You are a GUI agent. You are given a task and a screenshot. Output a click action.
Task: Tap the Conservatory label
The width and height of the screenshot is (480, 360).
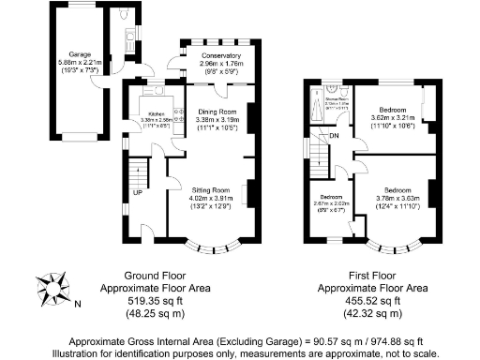[x=220, y=55]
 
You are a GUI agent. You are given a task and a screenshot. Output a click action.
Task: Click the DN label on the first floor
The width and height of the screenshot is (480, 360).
[x=333, y=137]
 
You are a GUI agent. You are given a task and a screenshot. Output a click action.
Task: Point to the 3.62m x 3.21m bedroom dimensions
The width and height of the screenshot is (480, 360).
[x=392, y=118]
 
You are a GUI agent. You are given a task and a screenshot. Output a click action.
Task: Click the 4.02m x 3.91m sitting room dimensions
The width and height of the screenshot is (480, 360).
[x=209, y=199]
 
